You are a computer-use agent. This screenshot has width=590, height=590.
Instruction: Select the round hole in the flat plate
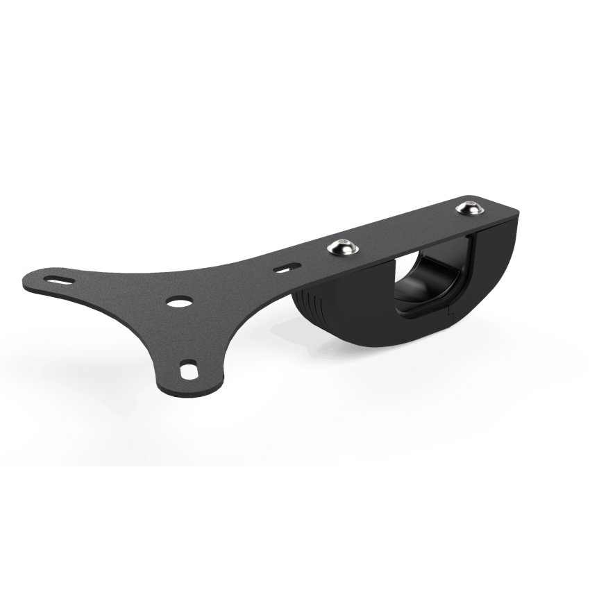point(180,302)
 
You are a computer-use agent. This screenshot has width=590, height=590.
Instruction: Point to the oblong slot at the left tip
point(58,278)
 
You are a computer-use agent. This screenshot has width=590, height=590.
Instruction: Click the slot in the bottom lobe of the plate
point(187,369)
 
